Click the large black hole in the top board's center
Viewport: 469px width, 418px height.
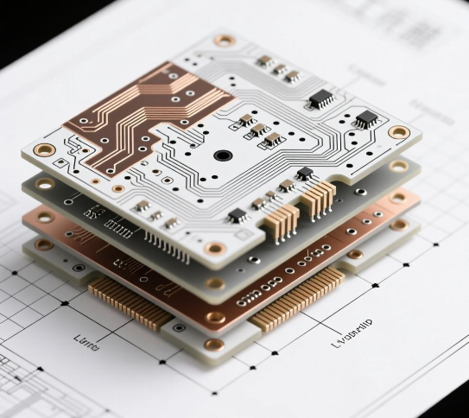click(x=223, y=155)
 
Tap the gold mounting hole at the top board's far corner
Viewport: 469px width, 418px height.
click(x=225, y=40)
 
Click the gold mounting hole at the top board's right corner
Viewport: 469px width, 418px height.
click(x=398, y=132)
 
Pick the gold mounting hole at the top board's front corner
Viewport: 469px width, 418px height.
click(x=214, y=249)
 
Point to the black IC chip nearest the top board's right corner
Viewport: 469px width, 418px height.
click(x=366, y=117)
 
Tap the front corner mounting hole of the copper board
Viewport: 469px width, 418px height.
click(x=214, y=317)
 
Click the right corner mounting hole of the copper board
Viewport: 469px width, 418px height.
click(x=398, y=198)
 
